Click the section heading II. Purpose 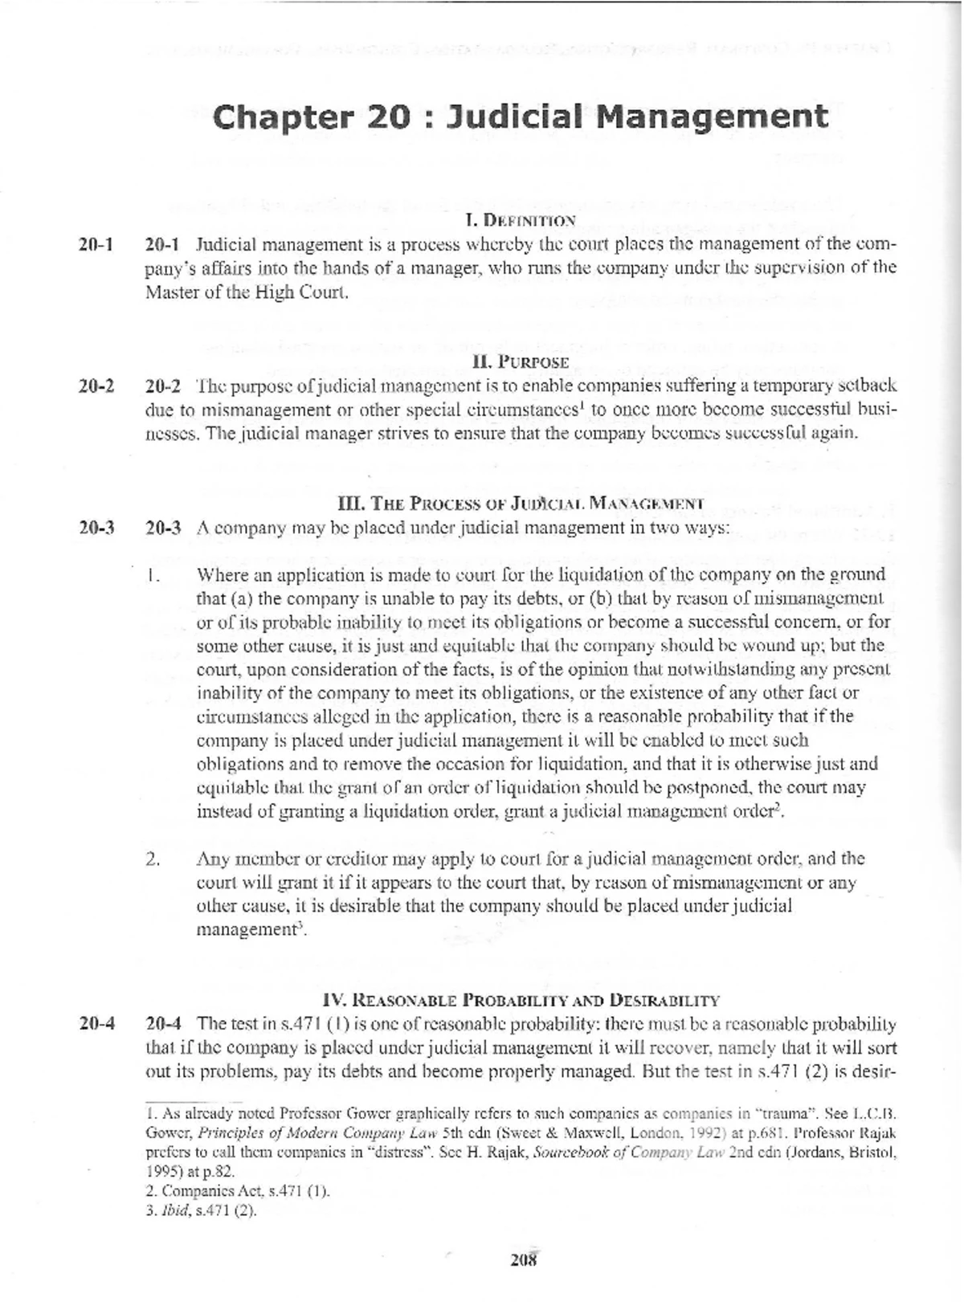pos(521,362)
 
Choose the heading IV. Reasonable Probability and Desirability pos(521,1001)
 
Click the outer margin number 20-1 pos(96,243)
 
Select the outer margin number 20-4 pos(96,1024)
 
